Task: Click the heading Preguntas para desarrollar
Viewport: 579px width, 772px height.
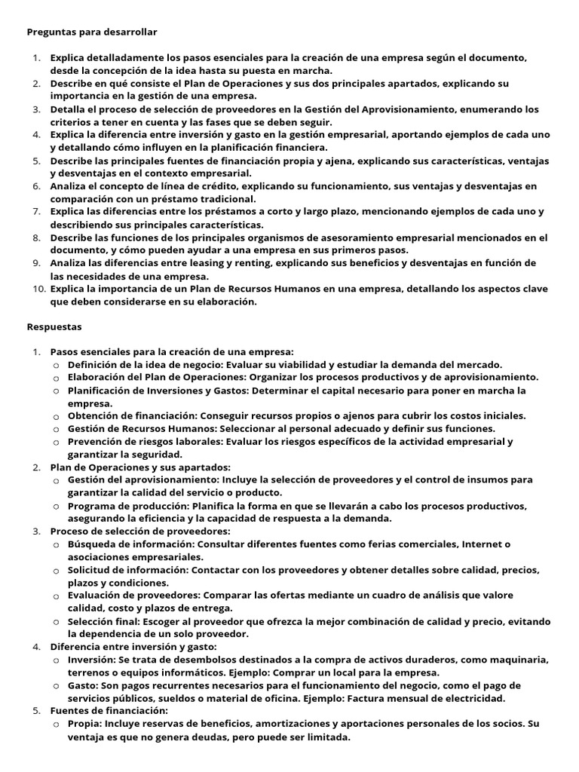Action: click(x=92, y=32)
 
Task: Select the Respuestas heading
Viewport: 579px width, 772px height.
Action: click(x=54, y=327)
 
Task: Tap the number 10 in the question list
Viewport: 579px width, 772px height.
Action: click(x=38, y=289)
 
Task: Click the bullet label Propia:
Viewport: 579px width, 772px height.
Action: click(x=84, y=724)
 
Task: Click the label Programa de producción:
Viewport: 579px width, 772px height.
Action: click(x=129, y=505)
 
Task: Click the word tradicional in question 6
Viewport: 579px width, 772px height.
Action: click(x=222, y=199)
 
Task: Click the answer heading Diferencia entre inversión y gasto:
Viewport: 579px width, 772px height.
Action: click(x=133, y=647)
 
